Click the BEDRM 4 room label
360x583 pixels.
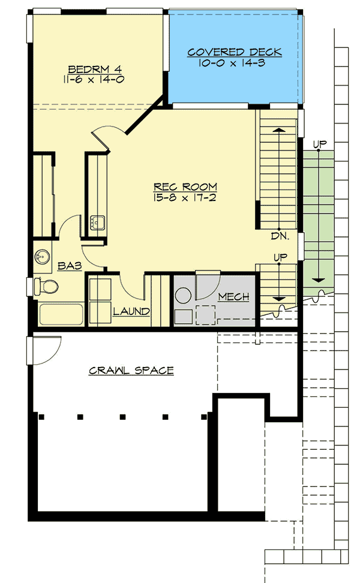pyautogui.click(x=95, y=69)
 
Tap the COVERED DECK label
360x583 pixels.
pyautogui.click(x=234, y=52)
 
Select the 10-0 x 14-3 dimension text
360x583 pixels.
pyautogui.click(x=232, y=63)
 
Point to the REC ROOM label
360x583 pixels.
pyautogui.click(x=185, y=187)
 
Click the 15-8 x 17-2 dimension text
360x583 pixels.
pyautogui.click(x=185, y=197)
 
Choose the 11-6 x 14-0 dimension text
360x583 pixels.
pyautogui.click(x=94, y=80)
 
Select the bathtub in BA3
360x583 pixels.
pyautogui.click(x=61, y=314)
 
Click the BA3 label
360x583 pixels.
pyautogui.click(x=70, y=266)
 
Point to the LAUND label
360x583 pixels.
pyautogui.click(x=131, y=311)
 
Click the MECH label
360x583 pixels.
pyautogui.click(x=233, y=297)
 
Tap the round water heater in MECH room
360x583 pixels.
pyautogui.click(x=184, y=296)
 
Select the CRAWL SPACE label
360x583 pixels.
pyautogui.click(x=131, y=370)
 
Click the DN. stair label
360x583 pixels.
pyautogui.click(x=280, y=236)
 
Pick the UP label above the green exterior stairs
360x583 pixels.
pyautogui.click(x=320, y=143)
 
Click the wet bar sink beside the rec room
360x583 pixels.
pyautogui.click(x=98, y=223)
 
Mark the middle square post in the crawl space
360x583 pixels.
pyautogui.click(x=122, y=417)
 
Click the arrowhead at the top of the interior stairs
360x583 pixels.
pyautogui.click(x=278, y=130)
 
